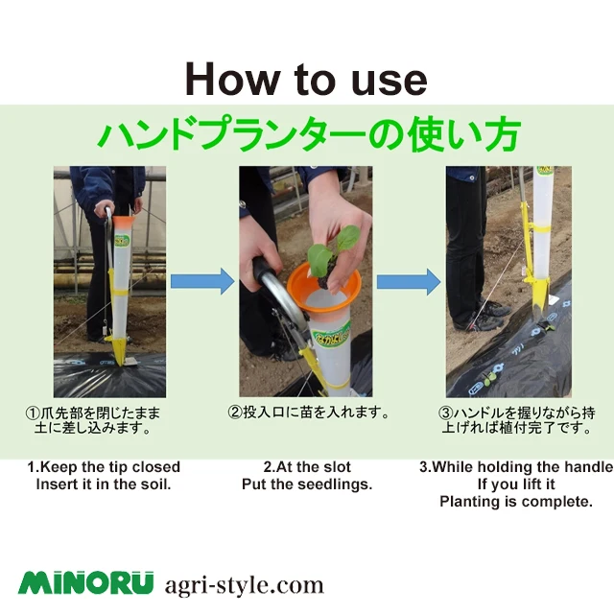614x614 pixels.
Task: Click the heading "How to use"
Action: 305,79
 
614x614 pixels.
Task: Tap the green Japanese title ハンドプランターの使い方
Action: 307,135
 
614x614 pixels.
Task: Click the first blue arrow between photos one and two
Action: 202,281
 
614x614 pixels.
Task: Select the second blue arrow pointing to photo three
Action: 408,282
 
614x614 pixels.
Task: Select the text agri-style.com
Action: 244,584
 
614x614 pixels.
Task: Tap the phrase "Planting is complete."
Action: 516,502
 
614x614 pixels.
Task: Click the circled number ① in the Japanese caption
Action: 32,413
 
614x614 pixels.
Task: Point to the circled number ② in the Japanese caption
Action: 234,413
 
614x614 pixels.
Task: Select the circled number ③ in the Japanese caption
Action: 445,413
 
